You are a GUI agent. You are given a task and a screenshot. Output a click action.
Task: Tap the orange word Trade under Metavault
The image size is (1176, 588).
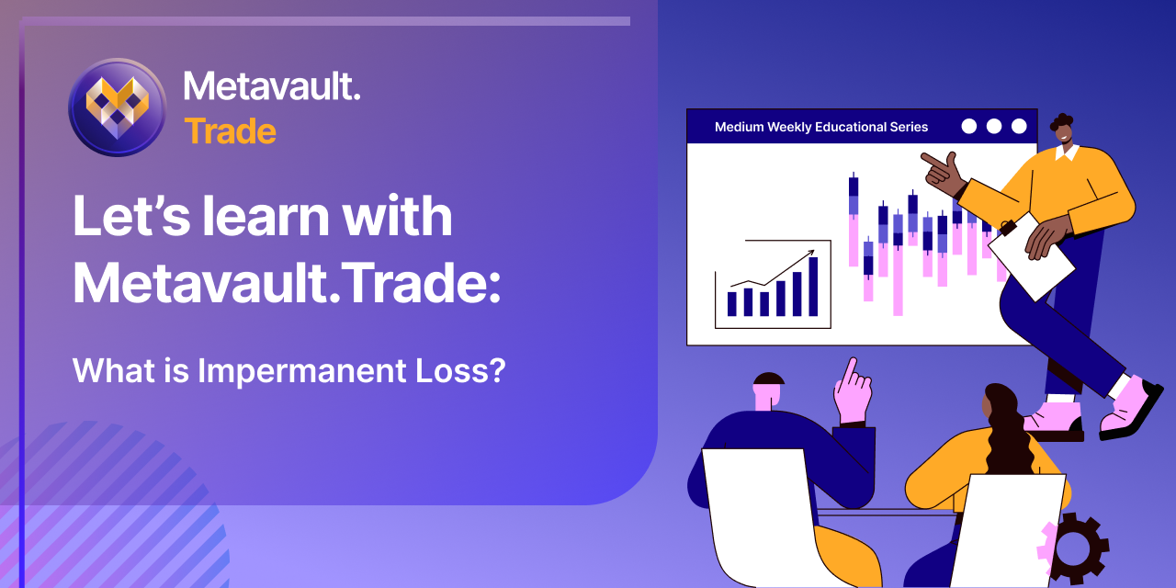[x=230, y=131]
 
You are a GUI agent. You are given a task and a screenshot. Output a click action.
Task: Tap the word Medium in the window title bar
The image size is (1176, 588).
[x=739, y=127]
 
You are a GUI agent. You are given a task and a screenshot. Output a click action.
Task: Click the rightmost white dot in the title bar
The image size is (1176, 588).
[x=1019, y=127]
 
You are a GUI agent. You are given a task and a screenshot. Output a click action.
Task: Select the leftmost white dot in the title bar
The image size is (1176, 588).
[x=969, y=127]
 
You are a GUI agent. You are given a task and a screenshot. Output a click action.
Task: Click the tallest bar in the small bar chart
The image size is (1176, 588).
[x=813, y=287]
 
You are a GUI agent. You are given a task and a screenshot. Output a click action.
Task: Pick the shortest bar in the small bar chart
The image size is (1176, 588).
[x=764, y=304]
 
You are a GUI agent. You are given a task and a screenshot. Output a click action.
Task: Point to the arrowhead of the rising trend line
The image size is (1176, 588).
[x=811, y=252]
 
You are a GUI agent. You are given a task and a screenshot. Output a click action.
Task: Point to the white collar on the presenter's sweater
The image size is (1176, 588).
[x=1067, y=153]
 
